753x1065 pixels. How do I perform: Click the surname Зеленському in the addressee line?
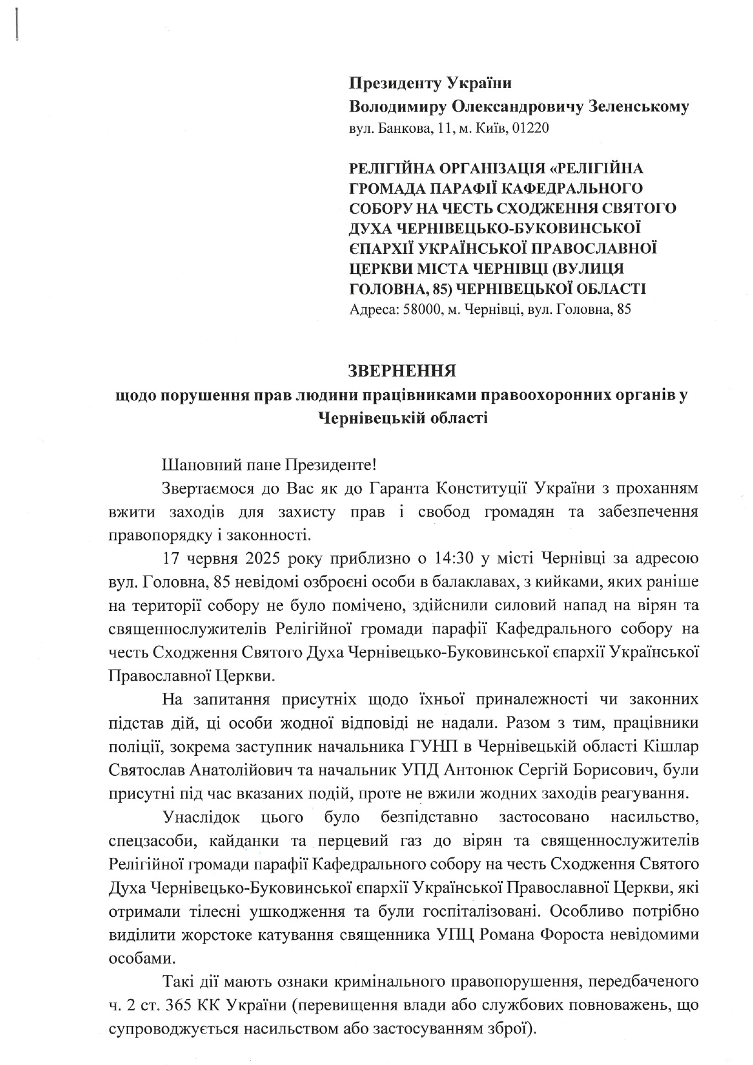pos(639,107)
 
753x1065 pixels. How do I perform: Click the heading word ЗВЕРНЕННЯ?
pos(401,371)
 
